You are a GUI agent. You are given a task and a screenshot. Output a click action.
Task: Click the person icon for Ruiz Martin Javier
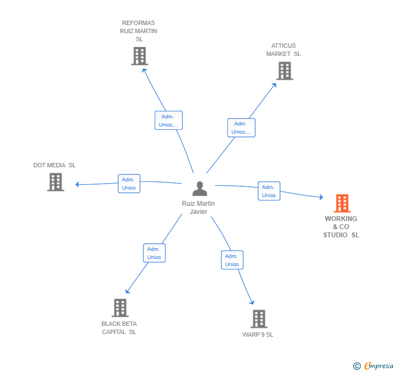[x=200, y=188]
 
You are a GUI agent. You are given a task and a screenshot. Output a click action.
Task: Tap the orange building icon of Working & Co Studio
[x=342, y=204]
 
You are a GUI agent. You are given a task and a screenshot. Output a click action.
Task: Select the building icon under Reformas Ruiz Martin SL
[x=139, y=56]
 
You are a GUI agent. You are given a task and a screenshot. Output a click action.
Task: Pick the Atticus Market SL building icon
[x=284, y=71]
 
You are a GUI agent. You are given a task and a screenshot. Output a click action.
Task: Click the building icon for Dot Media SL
[x=55, y=182]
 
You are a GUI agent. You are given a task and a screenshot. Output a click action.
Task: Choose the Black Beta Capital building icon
[x=120, y=308]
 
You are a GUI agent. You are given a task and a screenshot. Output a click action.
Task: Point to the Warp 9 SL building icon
[x=259, y=319]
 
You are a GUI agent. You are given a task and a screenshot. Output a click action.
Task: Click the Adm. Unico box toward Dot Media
[x=129, y=184]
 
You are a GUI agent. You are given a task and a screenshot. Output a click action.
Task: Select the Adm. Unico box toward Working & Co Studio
[x=269, y=191]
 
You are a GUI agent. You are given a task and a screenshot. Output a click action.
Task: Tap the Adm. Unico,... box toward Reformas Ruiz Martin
[x=168, y=121]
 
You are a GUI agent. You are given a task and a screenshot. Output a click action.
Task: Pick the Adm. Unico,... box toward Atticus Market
[x=241, y=128]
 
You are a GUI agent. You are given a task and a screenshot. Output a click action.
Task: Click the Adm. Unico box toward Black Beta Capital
[x=154, y=253]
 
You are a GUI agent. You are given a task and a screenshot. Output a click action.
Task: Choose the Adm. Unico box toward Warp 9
[x=232, y=260]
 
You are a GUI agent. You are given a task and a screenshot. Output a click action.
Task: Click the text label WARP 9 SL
[x=258, y=335]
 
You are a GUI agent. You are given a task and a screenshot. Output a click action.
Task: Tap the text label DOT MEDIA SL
[x=54, y=165]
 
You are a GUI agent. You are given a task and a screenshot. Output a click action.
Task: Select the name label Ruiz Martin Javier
[x=199, y=207]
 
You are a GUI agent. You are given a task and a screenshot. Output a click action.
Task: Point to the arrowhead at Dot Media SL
[x=78, y=185]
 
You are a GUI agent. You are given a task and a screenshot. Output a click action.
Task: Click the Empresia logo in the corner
[x=373, y=366]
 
